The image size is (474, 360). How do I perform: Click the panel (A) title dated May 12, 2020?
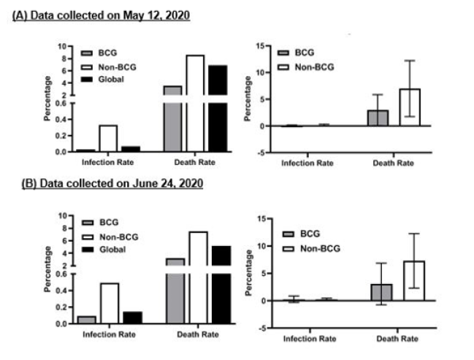click(102, 15)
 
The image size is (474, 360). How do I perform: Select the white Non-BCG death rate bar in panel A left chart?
click(195, 102)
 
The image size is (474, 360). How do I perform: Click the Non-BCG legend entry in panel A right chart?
click(307, 67)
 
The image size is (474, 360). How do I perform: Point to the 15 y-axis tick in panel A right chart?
click(269, 46)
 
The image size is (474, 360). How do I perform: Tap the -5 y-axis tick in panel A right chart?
click(269, 153)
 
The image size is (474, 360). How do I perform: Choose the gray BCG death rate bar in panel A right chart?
click(378, 118)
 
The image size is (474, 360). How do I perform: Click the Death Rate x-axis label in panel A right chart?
click(394, 163)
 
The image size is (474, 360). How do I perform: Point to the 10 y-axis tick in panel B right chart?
click(269, 247)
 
